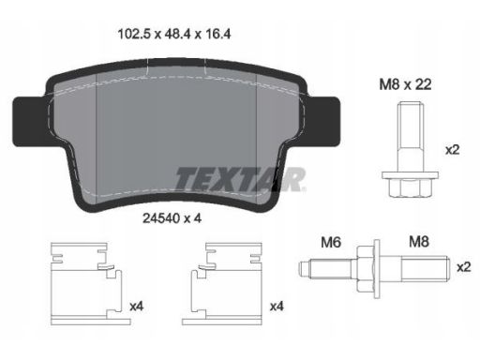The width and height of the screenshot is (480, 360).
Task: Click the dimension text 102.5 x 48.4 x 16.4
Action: [x=174, y=34]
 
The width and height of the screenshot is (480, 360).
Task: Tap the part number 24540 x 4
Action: [x=172, y=218]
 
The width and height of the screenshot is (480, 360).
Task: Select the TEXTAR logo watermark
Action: [x=240, y=179]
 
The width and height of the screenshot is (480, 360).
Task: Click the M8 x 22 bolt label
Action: [x=405, y=84]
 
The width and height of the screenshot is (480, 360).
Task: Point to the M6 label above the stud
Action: [x=331, y=242]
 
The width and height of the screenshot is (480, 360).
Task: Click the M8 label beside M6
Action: [x=419, y=242]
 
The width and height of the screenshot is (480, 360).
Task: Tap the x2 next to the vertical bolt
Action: [x=452, y=150]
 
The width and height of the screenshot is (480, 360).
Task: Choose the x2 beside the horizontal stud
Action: [x=464, y=267]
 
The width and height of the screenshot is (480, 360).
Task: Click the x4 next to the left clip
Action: [x=137, y=307]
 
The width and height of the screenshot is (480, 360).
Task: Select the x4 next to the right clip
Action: [x=277, y=307]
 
